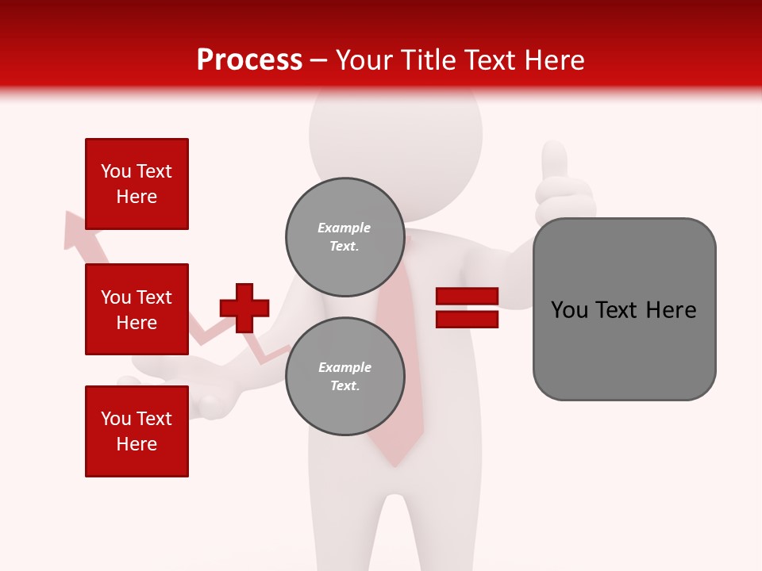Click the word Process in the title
click(x=249, y=60)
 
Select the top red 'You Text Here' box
click(x=137, y=184)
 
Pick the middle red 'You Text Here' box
click(x=137, y=309)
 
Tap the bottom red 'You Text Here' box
click(x=137, y=431)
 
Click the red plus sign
click(x=244, y=308)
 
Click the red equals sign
click(x=468, y=308)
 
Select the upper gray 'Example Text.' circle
click(x=344, y=236)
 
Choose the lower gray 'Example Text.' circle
click(x=344, y=376)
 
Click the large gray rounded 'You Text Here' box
click(x=624, y=309)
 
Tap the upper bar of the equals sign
click(x=468, y=297)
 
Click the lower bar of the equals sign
click(x=468, y=319)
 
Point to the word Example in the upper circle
click(x=344, y=228)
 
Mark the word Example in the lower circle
click(x=344, y=367)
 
